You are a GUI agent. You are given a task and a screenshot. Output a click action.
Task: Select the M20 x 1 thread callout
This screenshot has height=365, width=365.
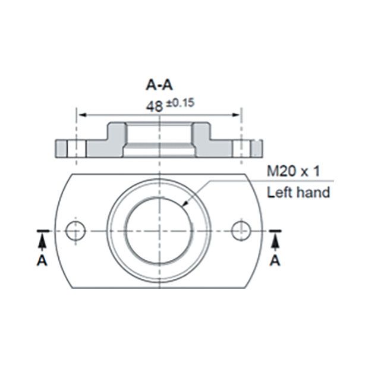tap(293, 172)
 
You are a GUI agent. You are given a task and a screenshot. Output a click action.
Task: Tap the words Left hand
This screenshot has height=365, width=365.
tap(298, 192)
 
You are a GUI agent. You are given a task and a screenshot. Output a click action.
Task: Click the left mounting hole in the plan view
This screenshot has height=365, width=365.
tap(75, 230)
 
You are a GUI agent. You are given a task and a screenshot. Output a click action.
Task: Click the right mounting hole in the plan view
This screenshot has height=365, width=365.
tap(241, 230)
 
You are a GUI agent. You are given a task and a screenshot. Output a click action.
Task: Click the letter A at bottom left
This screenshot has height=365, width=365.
tap(42, 260)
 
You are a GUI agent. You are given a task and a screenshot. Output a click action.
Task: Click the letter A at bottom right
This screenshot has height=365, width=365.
tap(275, 260)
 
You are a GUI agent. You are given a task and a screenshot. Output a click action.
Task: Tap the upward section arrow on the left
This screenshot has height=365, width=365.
tap(42, 241)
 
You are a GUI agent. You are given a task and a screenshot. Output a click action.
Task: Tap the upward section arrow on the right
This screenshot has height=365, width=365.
tap(275, 241)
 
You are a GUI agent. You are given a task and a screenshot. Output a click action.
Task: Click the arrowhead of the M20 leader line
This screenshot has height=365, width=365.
tap(185, 206)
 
